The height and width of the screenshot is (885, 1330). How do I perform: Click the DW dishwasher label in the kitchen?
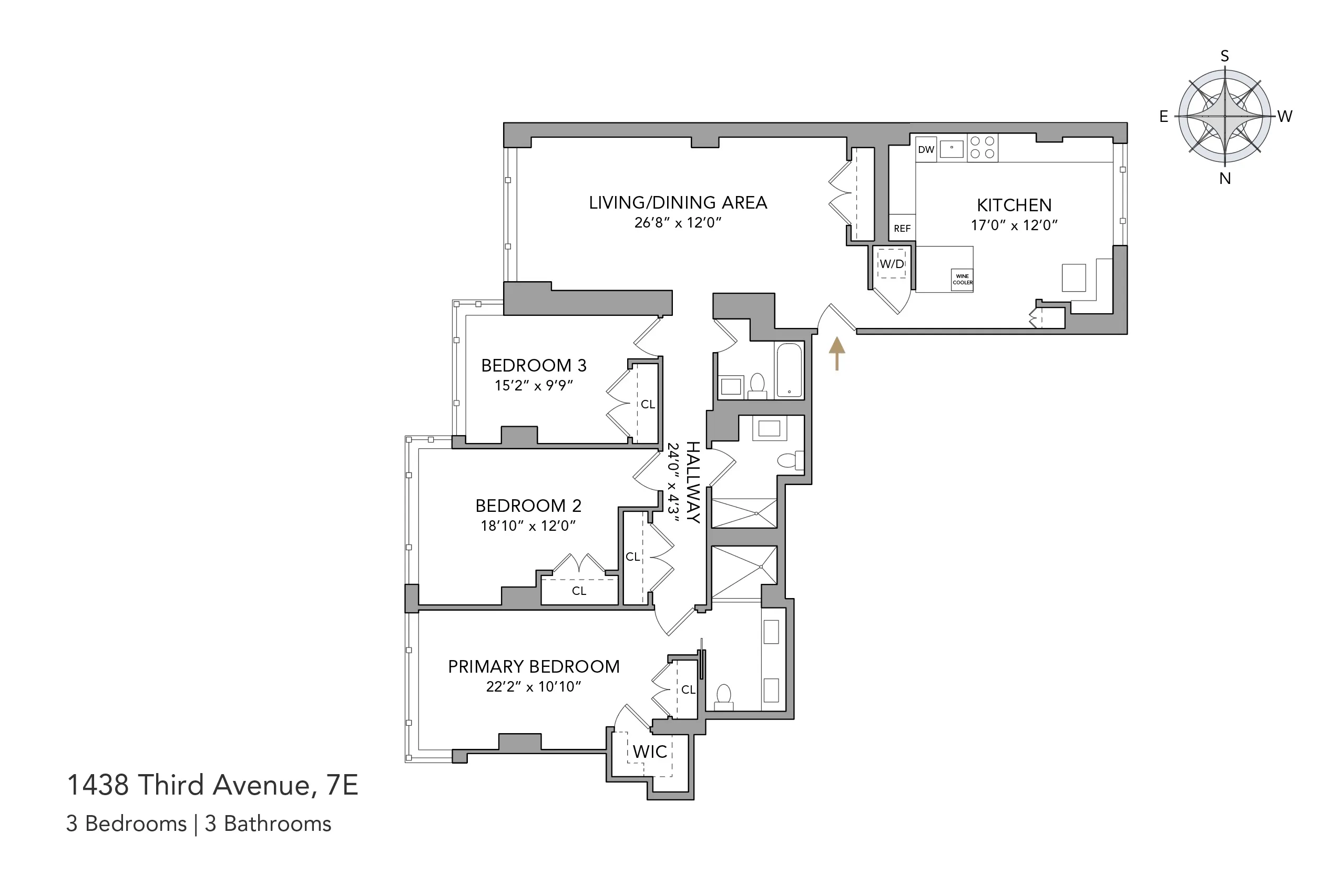tap(926, 150)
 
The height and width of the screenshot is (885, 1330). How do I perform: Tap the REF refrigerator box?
tap(902, 228)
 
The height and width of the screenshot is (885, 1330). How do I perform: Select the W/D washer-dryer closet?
tap(892, 264)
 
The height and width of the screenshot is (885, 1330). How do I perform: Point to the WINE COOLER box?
tap(962, 280)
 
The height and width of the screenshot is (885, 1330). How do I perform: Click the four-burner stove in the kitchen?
tap(983, 147)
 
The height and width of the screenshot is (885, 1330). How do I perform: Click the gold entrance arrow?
tap(836, 353)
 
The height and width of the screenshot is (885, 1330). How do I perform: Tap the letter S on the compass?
tap(1224, 56)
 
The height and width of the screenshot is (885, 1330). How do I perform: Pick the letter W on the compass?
tap(1285, 116)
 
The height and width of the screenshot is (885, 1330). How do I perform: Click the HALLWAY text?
tap(693, 482)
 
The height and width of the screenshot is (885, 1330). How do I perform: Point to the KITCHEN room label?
tap(1014, 205)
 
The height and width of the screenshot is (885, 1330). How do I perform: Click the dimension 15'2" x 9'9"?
tap(534, 386)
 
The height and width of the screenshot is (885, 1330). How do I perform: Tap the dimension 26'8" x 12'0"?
tap(678, 222)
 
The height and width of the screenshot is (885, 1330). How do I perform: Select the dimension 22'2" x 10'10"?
tap(534, 686)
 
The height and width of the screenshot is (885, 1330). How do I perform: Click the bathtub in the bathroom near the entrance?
tap(789, 371)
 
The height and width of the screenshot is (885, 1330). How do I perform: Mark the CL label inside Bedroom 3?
tap(648, 404)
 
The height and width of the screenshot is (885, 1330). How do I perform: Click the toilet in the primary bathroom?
tap(724, 697)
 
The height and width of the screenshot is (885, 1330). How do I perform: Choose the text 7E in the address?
tap(342, 785)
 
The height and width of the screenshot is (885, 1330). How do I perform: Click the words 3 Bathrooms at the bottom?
tap(268, 824)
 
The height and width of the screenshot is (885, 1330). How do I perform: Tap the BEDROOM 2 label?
tap(528, 505)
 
